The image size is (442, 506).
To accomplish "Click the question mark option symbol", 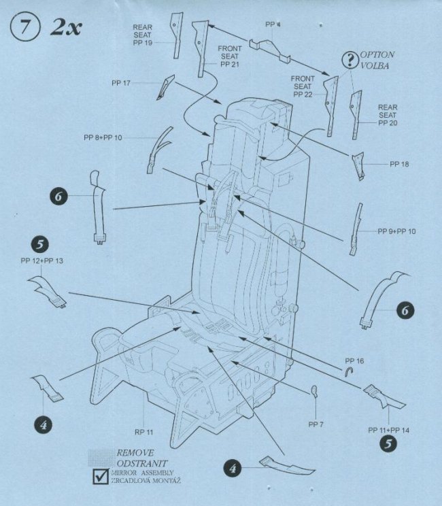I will click(x=349, y=60).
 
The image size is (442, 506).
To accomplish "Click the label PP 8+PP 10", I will click(x=103, y=138).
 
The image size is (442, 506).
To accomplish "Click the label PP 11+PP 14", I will click(x=390, y=431).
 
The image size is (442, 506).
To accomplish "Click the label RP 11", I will click(x=144, y=432).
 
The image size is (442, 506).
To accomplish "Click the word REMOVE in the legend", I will click(x=135, y=452).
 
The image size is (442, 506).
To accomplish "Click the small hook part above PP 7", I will click(x=315, y=390).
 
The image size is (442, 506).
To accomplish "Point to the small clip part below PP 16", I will click(x=349, y=371).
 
